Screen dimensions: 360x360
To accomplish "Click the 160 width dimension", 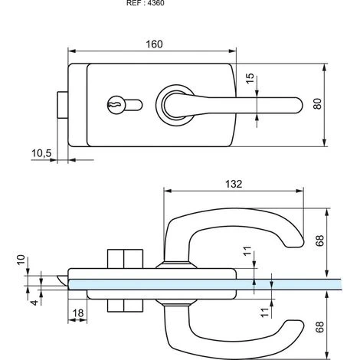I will coord(154,45).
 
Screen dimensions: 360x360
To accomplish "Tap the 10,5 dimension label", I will coord(41,154).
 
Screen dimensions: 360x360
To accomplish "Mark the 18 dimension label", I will coord(77,313).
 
